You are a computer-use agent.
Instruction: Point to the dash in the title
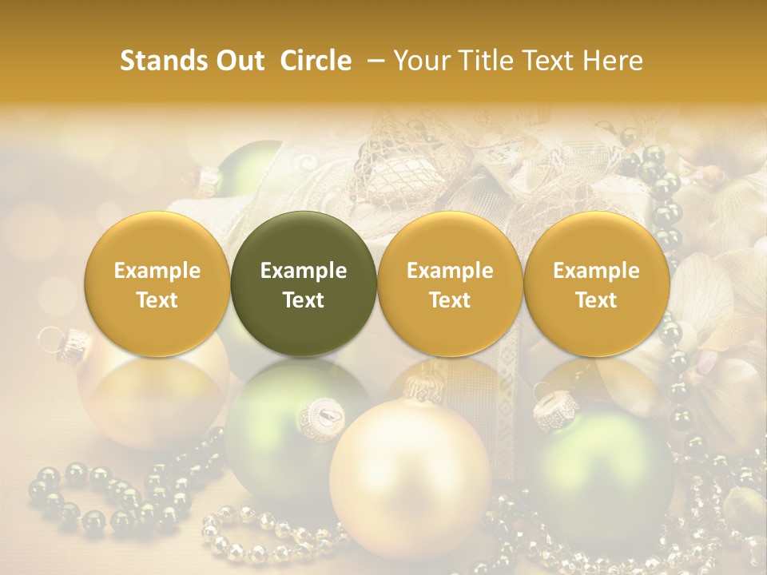point(372,61)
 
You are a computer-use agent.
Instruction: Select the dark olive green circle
point(304,284)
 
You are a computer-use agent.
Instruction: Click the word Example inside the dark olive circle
point(304,271)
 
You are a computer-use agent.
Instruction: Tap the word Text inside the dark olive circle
point(304,300)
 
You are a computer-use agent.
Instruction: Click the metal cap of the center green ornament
point(323,414)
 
